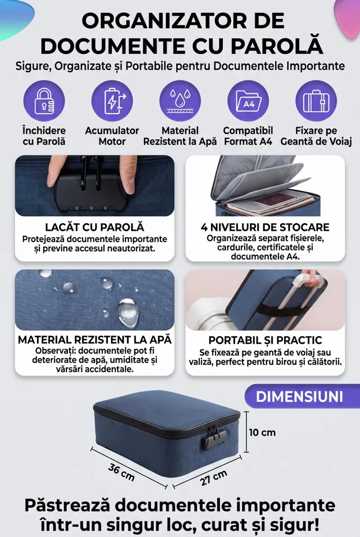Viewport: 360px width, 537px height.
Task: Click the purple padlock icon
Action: pyautogui.click(x=44, y=101)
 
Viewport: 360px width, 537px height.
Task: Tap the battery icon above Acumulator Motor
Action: pyautogui.click(x=112, y=101)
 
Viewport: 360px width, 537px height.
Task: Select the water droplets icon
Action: pyautogui.click(x=180, y=101)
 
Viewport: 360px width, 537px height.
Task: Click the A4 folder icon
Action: pyautogui.click(x=248, y=101)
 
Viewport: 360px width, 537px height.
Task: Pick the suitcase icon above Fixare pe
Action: pyautogui.click(x=316, y=101)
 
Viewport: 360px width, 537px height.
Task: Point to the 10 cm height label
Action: pyautogui.click(x=262, y=432)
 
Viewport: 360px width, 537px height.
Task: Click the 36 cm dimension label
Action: pyautogui.click(x=121, y=472)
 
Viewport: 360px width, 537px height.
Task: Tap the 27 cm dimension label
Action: pyautogui.click(x=214, y=477)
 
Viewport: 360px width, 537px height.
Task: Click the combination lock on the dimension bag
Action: pyautogui.click(x=213, y=437)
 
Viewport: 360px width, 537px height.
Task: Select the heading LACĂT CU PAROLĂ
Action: pyautogui.click(x=94, y=227)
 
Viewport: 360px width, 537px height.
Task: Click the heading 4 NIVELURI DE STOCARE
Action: pyautogui.click(x=265, y=227)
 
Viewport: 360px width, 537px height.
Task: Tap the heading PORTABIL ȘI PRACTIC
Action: pyautogui.click(x=265, y=340)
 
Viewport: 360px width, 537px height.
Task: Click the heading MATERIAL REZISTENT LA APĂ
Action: pyautogui.click(x=94, y=340)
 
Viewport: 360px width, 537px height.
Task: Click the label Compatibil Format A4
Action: pyautogui.click(x=248, y=136)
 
